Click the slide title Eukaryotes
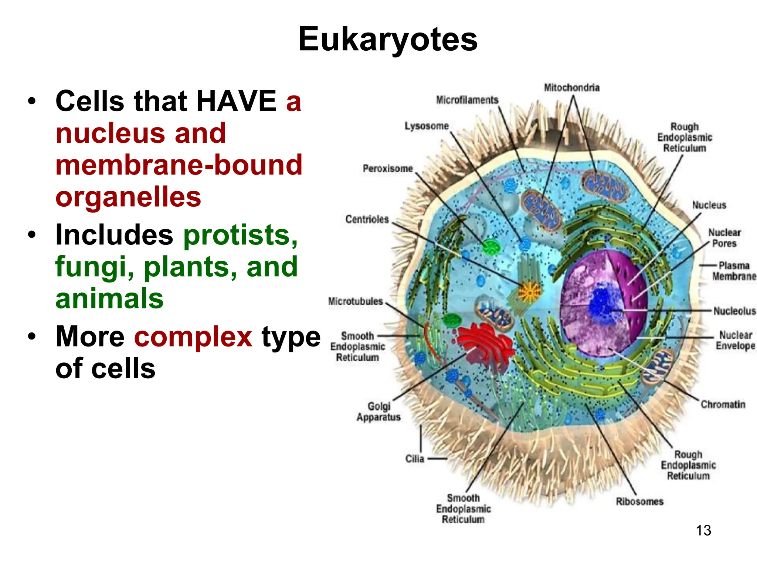388,39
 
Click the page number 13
703,530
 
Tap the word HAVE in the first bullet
236,101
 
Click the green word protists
240,235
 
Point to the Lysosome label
426,126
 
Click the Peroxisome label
387,169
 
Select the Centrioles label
367,219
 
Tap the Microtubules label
356,301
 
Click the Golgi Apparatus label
378,412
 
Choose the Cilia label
414,459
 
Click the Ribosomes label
639,501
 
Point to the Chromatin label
723,405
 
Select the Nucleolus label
734,311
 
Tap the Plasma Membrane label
734,271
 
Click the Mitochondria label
571,88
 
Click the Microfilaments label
467,100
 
